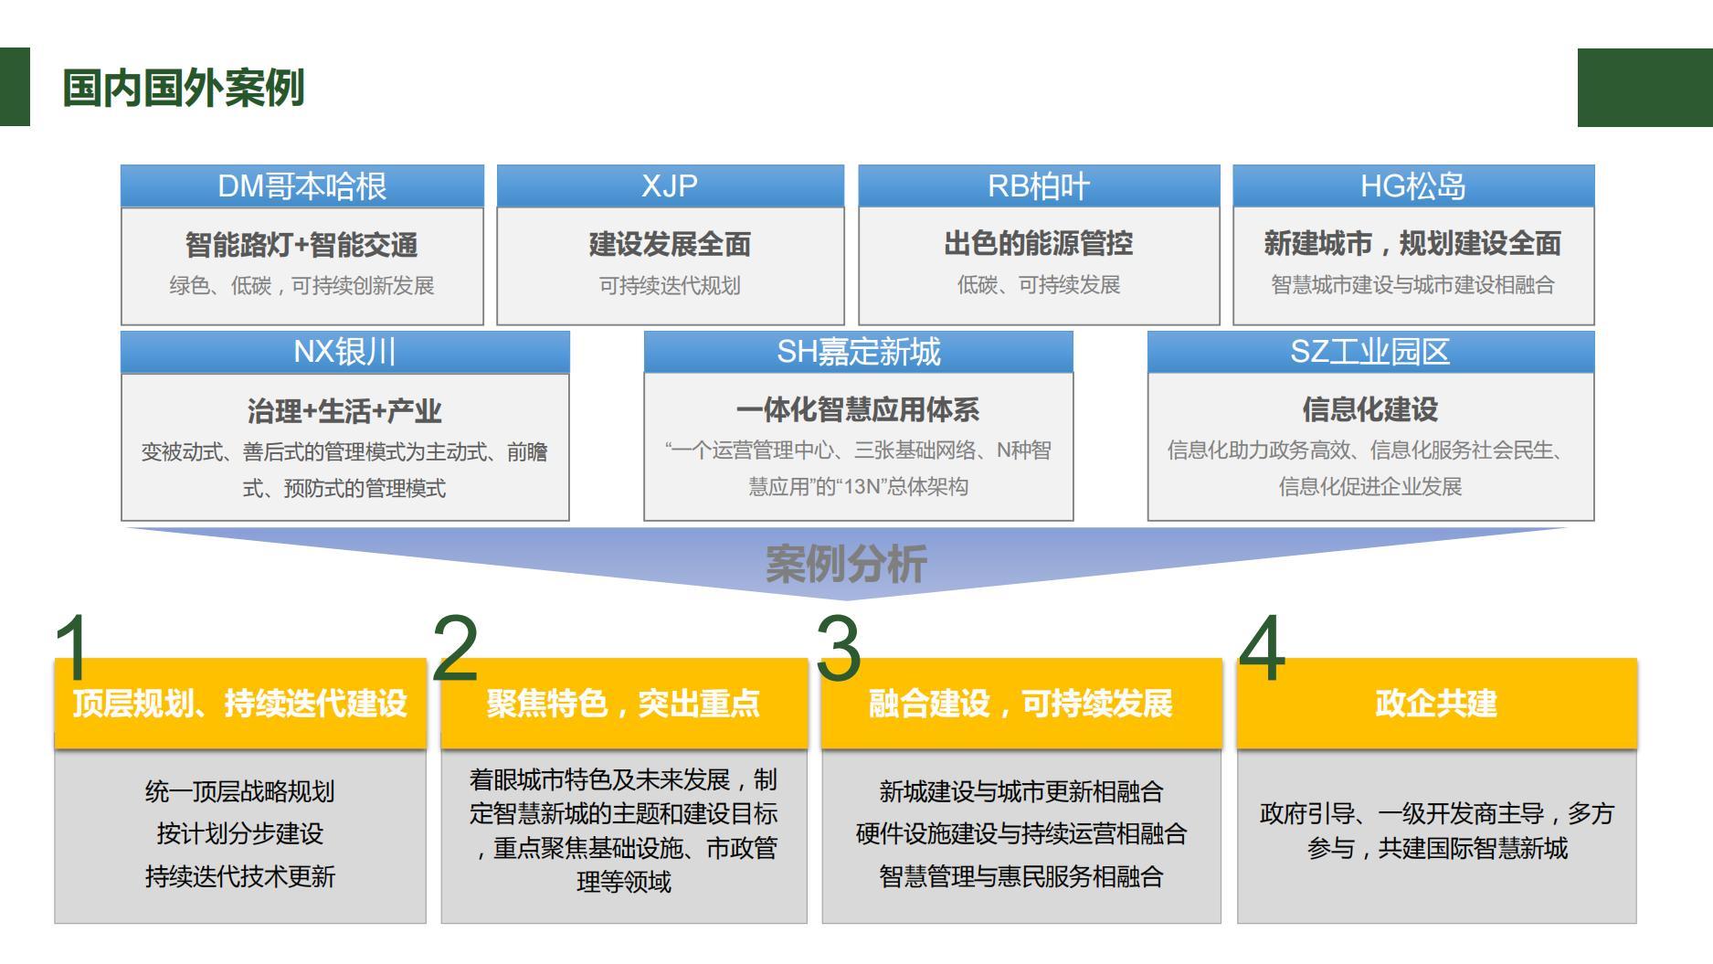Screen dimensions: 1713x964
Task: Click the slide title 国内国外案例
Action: click(x=183, y=89)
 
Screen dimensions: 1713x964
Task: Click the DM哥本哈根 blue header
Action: click(x=301, y=186)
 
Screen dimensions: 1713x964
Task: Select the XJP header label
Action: click(x=670, y=186)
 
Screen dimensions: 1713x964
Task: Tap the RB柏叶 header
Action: click(x=1039, y=186)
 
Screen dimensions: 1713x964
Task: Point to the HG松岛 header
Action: click(x=1412, y=186)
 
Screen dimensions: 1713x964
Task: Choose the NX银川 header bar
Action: click(x=344, y=352)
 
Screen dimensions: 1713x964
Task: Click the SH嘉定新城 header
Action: click(x=858, y=352)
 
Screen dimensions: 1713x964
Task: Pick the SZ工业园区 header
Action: click(x=1369, y=352)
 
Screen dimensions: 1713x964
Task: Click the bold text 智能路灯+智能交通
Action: click(x=301, y=245)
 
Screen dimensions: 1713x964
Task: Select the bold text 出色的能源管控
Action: click(x=1039, y=244)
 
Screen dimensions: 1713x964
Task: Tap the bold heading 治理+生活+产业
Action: click(x=344, y=411)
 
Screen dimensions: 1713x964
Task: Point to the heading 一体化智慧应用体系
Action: click(x=858, y=410)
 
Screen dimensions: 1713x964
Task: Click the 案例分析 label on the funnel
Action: click(x=846, y=564)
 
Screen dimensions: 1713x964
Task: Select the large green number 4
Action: click(x=1262, y=648)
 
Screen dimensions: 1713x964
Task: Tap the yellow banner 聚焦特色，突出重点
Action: click(x=623, y=704)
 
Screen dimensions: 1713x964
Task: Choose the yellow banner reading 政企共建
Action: click(x=1435, y=704)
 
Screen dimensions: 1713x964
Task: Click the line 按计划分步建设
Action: click(x=240, y=833)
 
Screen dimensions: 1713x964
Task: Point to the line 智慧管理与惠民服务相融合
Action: click(x=1020, y=876)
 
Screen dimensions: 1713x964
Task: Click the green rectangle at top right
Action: click(x=1644, y=88)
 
